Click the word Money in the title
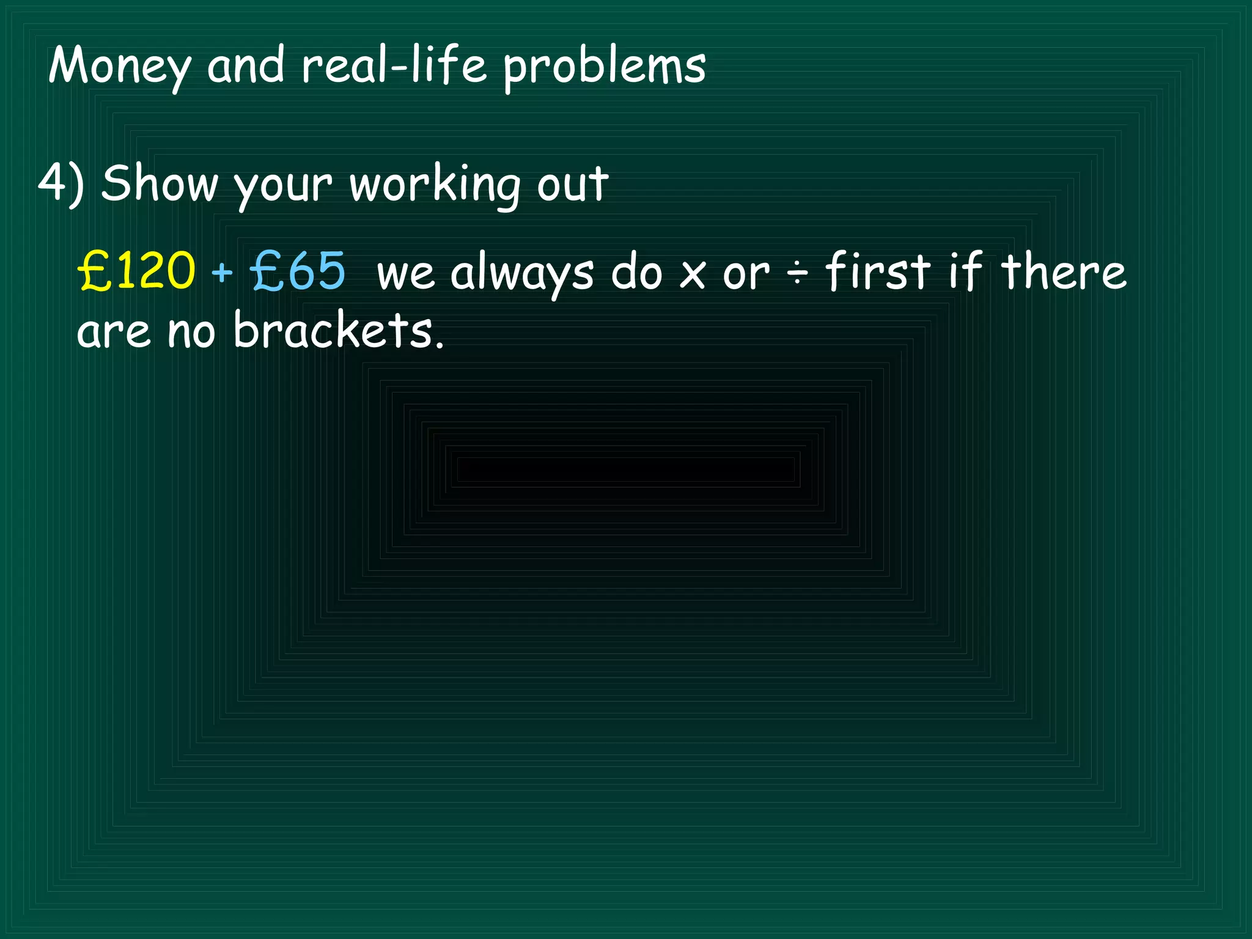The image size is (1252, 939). click(x=119, y=66)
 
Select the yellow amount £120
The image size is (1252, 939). click(x=136, y=271)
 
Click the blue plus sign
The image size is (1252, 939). click(x=222, y=272)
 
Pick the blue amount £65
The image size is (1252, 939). click(x=298, y=271)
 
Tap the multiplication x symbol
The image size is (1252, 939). click(x=693, y=275)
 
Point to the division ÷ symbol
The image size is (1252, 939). click(x=797, y=273)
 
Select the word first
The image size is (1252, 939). click(x=878, y=271)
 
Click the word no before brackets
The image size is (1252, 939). click(x=191, y=331)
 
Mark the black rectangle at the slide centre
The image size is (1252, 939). click(x=625, y=469)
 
